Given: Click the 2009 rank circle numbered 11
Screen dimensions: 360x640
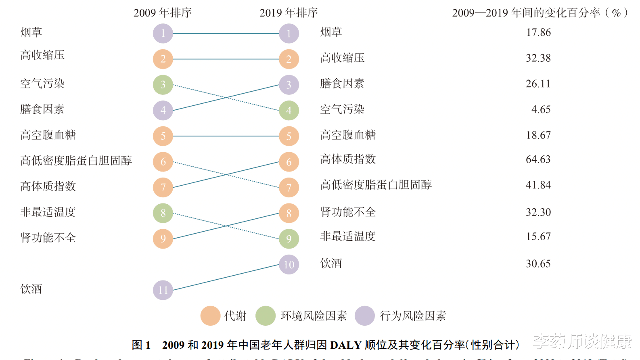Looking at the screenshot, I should pos(163,290).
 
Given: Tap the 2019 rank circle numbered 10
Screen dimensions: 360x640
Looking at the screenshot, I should pos(289,265).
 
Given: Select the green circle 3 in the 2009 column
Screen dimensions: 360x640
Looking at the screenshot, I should pos(163,85).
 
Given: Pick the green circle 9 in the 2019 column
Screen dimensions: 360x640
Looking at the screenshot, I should pos(289,239).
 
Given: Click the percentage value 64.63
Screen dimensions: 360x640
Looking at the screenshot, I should pos(538,159).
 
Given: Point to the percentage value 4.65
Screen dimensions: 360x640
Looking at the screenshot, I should pos(541,109).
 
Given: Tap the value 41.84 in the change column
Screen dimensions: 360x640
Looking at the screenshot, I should pos(538,185).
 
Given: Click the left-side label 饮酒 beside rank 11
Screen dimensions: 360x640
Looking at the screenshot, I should pos(31,289).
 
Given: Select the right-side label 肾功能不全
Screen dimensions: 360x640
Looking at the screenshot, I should pos(348,212).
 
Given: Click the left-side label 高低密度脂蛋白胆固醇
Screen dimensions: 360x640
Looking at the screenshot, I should pos(76,161).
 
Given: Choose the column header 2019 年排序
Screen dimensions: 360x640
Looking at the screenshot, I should pos(289,13).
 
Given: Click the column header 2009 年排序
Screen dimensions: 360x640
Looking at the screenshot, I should pos(163,13).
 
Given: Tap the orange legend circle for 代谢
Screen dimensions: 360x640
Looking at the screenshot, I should pos(210,316).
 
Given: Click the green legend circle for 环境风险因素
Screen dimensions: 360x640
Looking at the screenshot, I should pos(266,316).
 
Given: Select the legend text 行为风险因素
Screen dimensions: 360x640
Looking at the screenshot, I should pos(413,316).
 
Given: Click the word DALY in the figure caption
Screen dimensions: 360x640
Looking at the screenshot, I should pos(345,345).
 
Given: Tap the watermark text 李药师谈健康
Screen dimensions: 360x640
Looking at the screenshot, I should pos(582,341).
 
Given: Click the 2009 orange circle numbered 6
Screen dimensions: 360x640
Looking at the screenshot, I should pos(163,162).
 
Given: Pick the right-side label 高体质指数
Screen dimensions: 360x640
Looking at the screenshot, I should pos(348,159).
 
